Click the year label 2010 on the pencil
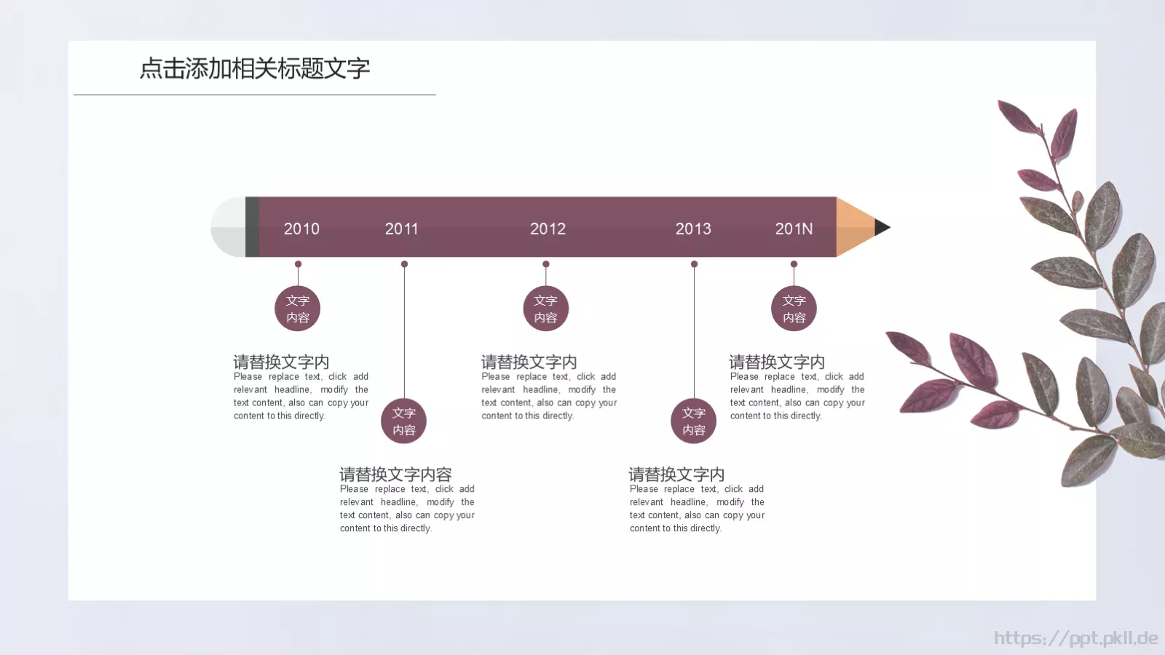301,229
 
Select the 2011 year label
401,229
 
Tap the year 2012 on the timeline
548,229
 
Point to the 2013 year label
693,229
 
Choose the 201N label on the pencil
794,229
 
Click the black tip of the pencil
882,227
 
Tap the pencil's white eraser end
228,227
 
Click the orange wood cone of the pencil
853,227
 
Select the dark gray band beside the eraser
252,227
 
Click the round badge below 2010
297,309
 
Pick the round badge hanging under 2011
404,421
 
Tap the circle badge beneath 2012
545,309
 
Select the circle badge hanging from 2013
693,421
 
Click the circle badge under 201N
794,309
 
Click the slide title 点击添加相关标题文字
255,68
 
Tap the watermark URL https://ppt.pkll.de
1075,638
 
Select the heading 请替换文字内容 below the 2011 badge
395,475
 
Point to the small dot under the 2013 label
694,264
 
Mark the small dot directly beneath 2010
298,264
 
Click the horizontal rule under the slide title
255,95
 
